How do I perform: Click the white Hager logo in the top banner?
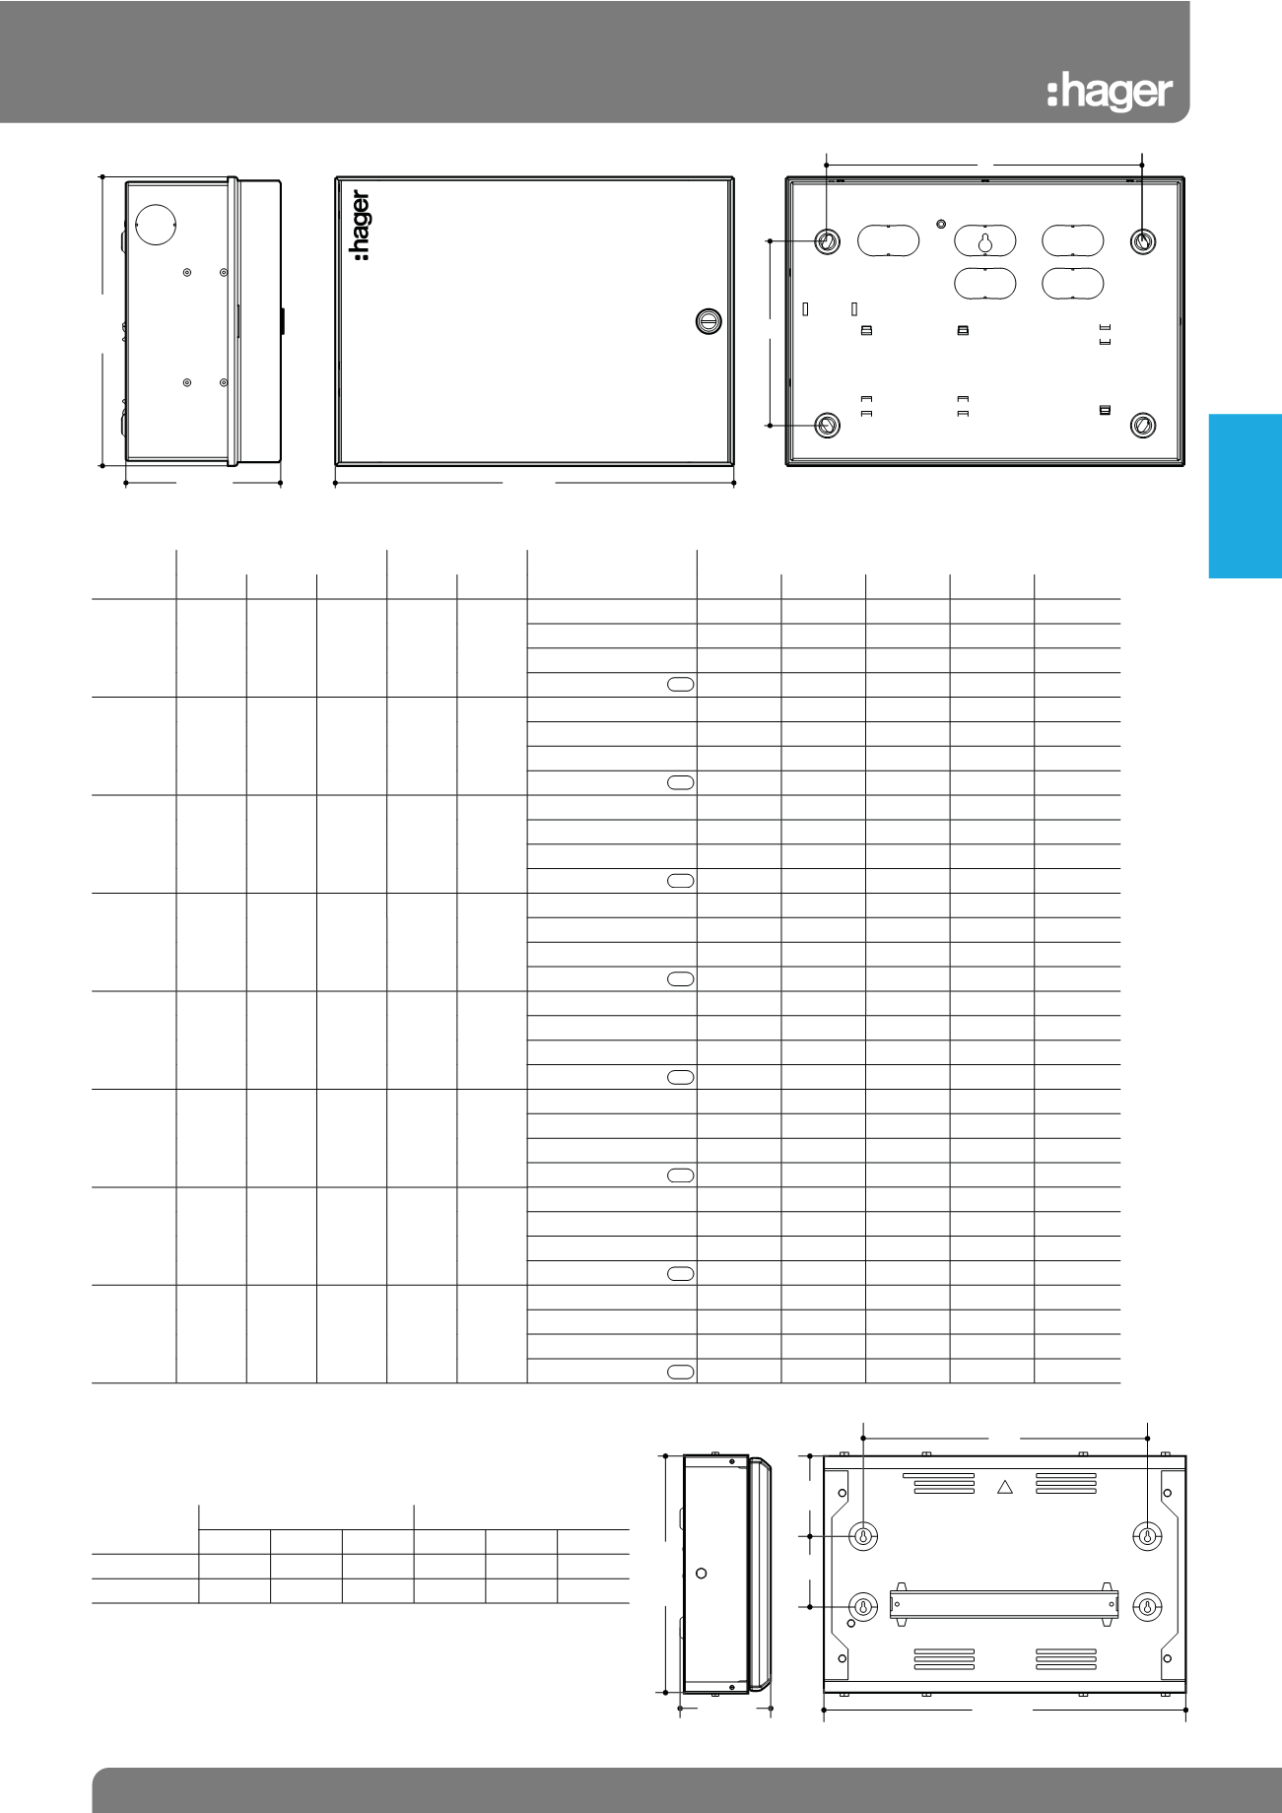point(1110,93)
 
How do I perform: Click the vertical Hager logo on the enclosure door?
point(362,226)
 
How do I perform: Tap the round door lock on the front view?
point(708,320)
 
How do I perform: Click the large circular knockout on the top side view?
point(155,224)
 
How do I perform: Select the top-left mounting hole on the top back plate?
point(828,240)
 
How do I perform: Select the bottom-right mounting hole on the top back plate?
point(1143,425)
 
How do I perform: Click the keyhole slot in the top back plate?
point(984,240)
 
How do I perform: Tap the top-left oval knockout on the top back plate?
point(888,240)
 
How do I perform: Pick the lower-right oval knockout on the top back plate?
point(1073,283)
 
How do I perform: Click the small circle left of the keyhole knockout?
point(940,223)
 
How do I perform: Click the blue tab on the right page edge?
point(1246,496)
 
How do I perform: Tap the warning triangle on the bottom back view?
point(1005,1486)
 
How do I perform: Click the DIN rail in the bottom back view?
point(1004,1604)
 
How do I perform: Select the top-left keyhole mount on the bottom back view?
point(863,1536)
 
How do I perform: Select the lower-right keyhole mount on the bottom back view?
point(1147,1607)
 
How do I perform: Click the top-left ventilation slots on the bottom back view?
point(938,1483)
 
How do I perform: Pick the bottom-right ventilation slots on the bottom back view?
point(1066,1658)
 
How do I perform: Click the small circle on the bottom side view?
point(702,1574)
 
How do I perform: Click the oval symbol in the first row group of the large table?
point(681,684)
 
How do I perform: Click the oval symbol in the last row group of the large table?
point(681,1372)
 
